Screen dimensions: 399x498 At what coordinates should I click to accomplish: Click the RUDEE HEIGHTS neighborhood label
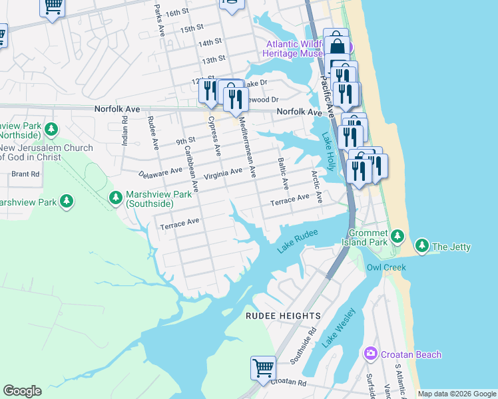[284, 315]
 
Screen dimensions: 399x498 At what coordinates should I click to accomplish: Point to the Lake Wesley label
[339, 328]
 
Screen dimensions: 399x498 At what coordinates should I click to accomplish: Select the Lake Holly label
[329, 151]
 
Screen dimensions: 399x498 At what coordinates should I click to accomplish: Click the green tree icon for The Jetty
[421, 247]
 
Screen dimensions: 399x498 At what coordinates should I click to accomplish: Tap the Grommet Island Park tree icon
[397, 235]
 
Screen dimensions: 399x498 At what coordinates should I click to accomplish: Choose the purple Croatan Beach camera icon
[370, 354]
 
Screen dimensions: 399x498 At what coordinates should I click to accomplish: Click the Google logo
[22, 391]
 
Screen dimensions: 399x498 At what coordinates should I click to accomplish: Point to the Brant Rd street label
[25, 174]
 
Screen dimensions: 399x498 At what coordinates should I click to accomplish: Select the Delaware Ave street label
[160, 174]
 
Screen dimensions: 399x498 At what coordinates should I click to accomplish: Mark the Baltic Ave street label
[284, 172]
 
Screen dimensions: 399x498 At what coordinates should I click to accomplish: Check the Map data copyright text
[457, 394]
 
